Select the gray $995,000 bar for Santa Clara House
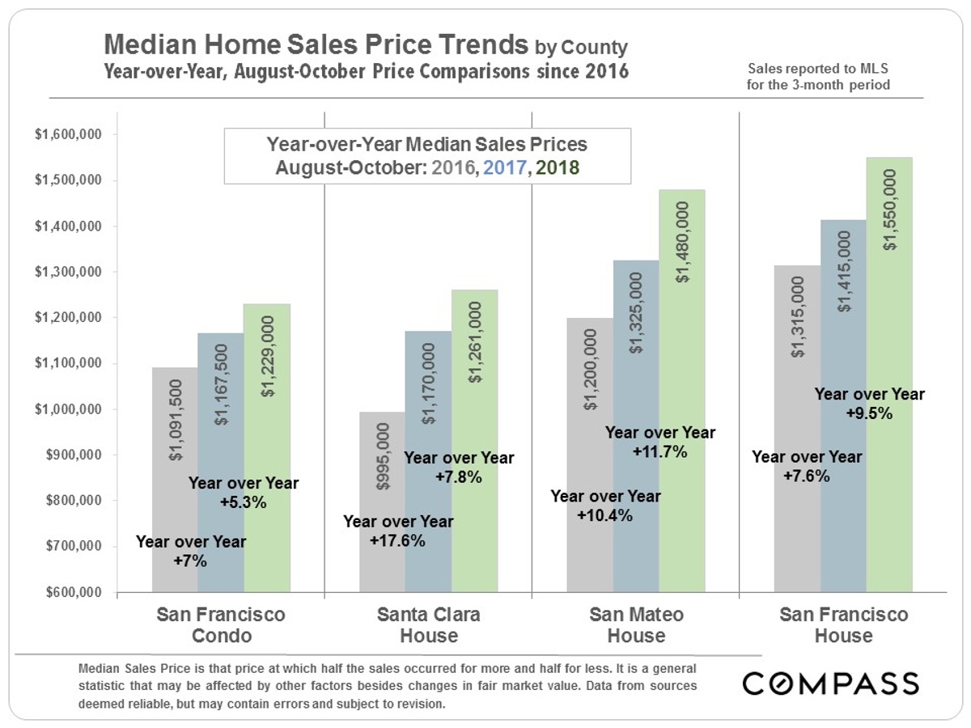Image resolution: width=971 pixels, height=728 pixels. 382,502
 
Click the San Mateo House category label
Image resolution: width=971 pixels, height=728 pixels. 635,625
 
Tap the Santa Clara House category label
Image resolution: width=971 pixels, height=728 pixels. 428,625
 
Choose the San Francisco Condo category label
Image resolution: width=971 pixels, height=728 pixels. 221,625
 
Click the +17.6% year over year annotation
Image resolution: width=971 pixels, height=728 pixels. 397,532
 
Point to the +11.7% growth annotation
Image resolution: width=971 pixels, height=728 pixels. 659,442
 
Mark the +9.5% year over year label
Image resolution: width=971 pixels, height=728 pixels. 868,404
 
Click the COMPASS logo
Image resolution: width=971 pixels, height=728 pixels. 830,684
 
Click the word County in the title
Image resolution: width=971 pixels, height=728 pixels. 595,47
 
